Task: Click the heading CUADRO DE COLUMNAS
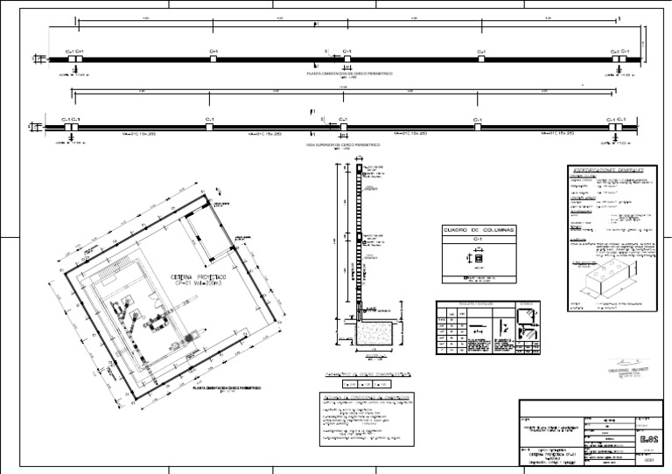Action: pos(478,229)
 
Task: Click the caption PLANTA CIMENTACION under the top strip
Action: pos(349,74)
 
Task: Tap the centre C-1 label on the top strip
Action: pos(346,52)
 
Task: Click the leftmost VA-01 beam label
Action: pos(140,134)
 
